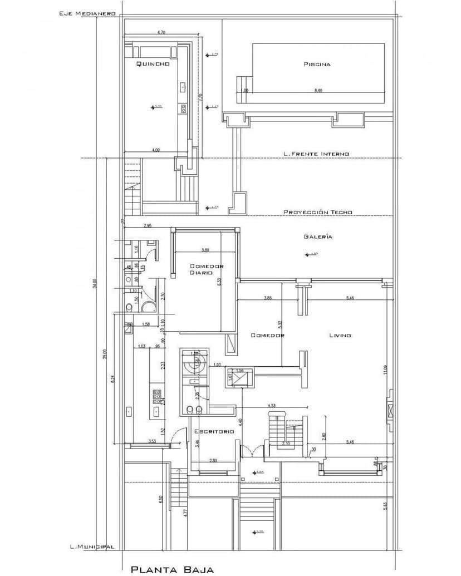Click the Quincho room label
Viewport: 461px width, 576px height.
point(153,65)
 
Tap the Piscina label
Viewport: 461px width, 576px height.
point(317,64)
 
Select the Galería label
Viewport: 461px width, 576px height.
point(318,237)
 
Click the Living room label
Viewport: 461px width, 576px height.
point(340,335)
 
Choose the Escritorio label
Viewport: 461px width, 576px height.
point(214,431)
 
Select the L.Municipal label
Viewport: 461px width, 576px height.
point(92,547)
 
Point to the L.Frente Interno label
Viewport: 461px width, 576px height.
point(316,154)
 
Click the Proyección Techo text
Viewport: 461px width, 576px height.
point(318,212)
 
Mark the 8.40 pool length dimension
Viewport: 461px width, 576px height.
point(318,91)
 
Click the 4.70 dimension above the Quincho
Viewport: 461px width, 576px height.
point(161,33)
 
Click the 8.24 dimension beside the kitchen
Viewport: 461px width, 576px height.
point(113,378)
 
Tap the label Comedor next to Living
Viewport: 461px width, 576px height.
point(268,335)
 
